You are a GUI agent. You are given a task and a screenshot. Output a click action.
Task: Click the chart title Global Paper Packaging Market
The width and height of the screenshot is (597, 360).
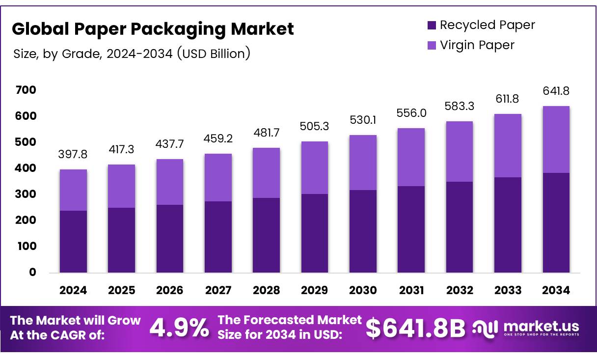pos(153,29)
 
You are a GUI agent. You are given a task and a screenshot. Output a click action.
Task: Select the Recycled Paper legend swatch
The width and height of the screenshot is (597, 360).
pos(432,25)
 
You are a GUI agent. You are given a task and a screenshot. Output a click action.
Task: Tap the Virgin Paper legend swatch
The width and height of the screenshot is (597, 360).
pos(432,45)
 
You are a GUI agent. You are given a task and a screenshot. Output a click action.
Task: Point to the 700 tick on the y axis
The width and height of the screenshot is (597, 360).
pos(26,90)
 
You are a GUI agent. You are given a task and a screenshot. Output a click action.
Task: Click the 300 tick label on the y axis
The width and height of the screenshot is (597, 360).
pos(26,194)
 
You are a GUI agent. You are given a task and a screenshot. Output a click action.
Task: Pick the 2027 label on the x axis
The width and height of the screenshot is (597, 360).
pos(218,290)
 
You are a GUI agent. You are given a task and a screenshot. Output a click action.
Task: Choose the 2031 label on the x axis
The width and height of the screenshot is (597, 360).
pos(411,290)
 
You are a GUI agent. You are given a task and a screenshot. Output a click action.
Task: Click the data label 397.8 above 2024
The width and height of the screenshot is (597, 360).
pos(73,155)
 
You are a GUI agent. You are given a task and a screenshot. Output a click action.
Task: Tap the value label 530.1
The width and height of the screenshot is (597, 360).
pos(363,120)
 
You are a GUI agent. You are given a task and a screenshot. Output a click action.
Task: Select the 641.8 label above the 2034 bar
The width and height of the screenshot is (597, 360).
pos(556,91)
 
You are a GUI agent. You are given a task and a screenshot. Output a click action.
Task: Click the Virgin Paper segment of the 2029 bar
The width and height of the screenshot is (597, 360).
pos(315,167)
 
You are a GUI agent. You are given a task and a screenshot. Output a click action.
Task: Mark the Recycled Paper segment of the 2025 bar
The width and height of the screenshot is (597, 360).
pos(121,240)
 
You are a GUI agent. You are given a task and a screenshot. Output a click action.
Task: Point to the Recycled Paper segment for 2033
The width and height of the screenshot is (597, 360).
pos(508,224)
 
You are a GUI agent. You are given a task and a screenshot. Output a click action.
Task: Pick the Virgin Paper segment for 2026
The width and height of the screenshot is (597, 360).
pos(169,182)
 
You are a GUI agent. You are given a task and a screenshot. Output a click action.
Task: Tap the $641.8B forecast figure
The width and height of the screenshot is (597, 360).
pos(415,329)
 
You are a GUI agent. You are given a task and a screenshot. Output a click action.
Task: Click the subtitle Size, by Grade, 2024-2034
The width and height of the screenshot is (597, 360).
pos(132,54)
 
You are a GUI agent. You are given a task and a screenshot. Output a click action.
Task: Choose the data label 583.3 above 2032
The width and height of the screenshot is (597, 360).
pos(459,106)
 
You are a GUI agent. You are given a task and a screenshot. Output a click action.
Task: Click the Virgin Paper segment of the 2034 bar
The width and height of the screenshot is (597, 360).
pos(556,139)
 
